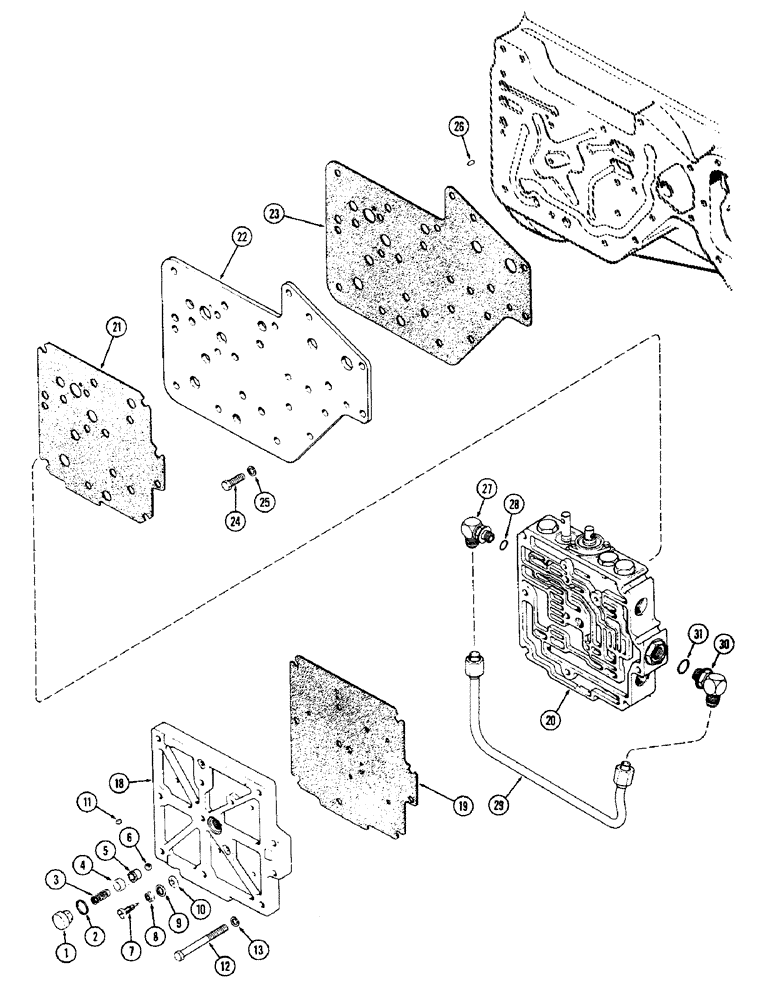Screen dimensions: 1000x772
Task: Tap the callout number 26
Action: point(458,127)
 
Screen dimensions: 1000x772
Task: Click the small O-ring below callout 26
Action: point(467,156)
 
